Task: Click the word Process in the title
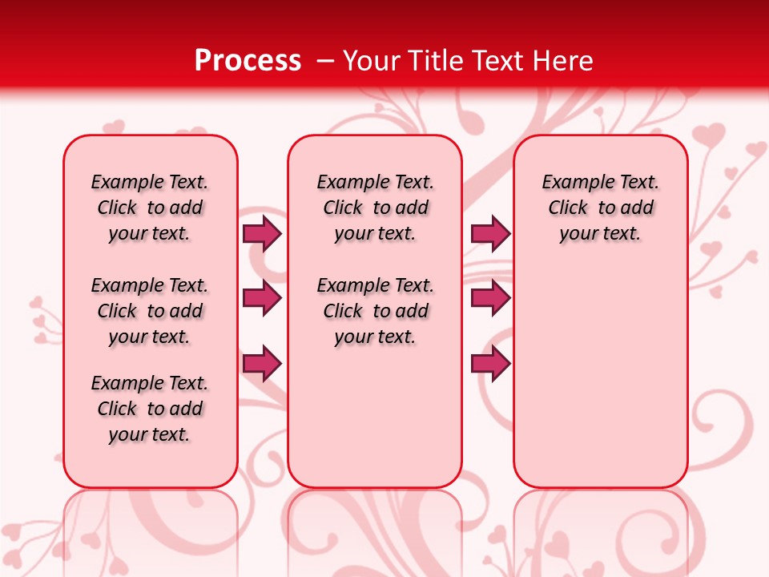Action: click(248, 60)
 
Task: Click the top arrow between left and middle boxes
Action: click(262, 234)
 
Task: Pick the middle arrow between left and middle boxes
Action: click(262, 299)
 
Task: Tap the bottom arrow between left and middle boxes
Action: click(262, 364)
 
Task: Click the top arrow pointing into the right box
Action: click(490, 234)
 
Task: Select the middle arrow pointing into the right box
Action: click(490, 299)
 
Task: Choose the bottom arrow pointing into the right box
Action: click(490, 364)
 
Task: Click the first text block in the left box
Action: click(150, 208)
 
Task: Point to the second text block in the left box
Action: click(150, 311)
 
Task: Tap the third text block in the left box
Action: click(150, 409)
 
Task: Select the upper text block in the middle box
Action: click(375, 208)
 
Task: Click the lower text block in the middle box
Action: click(375, 311)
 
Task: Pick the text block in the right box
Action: click(601, 208)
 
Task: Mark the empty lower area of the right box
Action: click(601, 369)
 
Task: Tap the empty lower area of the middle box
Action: click(375, 417)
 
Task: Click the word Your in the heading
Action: click(372, 60)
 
